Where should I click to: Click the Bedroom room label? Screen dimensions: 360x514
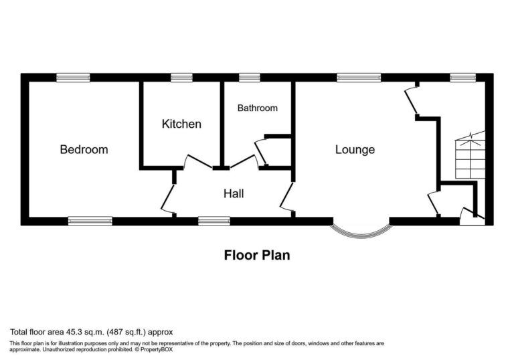click(x=84, y=149)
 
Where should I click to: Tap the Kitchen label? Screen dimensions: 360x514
click(x=181, y=124)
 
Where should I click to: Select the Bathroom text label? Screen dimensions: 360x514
click(x=258, y=108)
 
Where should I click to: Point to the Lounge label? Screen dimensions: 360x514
click(x=355, y=149)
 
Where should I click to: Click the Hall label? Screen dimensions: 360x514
click(x=234, y=194)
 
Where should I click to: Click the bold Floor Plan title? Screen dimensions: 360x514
click(x=257, y=255)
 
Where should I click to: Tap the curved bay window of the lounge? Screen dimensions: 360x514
click(x=361, y=230)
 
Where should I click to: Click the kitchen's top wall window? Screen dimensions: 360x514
click(x=181, y=78)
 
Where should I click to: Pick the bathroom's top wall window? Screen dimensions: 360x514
click(x=250, y=78)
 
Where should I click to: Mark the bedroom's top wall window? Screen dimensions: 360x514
click(x=73, y=78)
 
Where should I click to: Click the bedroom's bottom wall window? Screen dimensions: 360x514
click(x=90, y=220)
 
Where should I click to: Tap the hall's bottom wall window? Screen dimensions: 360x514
click(x=214, y=220)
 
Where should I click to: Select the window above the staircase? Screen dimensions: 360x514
click(x=463, y=78)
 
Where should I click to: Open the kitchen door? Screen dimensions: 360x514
click(x=198, y=161)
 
